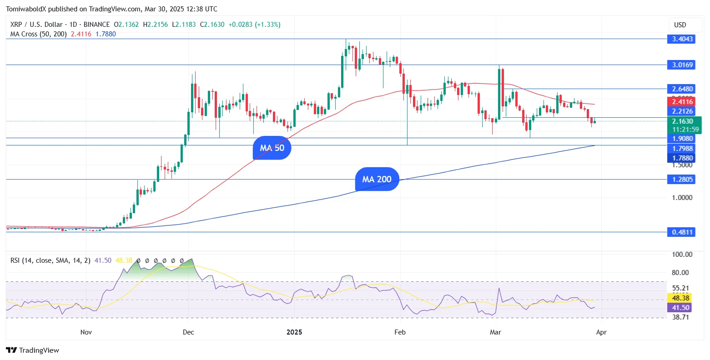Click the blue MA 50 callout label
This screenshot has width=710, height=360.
(x=272, y=148)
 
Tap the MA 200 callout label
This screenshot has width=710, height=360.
(x=377, y=179)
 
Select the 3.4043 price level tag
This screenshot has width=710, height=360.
(x=682, y=39)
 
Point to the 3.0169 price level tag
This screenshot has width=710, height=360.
(x=682, y=65)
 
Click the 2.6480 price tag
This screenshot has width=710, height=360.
(x=682, y=89)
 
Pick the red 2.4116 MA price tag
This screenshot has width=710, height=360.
(x=682, y=102)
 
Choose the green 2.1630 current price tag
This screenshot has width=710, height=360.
(x=682, y=121)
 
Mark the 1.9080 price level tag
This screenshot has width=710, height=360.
(x=682, y=139)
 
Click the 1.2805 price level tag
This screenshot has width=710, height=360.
(x=682, y=180)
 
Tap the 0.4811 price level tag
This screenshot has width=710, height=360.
(x=682, y=232)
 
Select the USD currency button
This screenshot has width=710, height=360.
(x=680, y=25)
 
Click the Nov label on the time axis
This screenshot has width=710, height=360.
(x=86, y=332)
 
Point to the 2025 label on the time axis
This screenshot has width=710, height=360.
(x=294, y=332)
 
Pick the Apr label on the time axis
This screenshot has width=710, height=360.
(x=601, y=332)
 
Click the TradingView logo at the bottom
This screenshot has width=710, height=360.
(x=33, y=350)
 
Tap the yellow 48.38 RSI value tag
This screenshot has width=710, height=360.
(x=680, y=298)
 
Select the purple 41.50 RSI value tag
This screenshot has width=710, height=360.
(x=680, y=308)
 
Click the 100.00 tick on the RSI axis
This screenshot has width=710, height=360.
(x=682, y=255)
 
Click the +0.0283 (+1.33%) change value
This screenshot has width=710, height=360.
(x=254, y=25)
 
